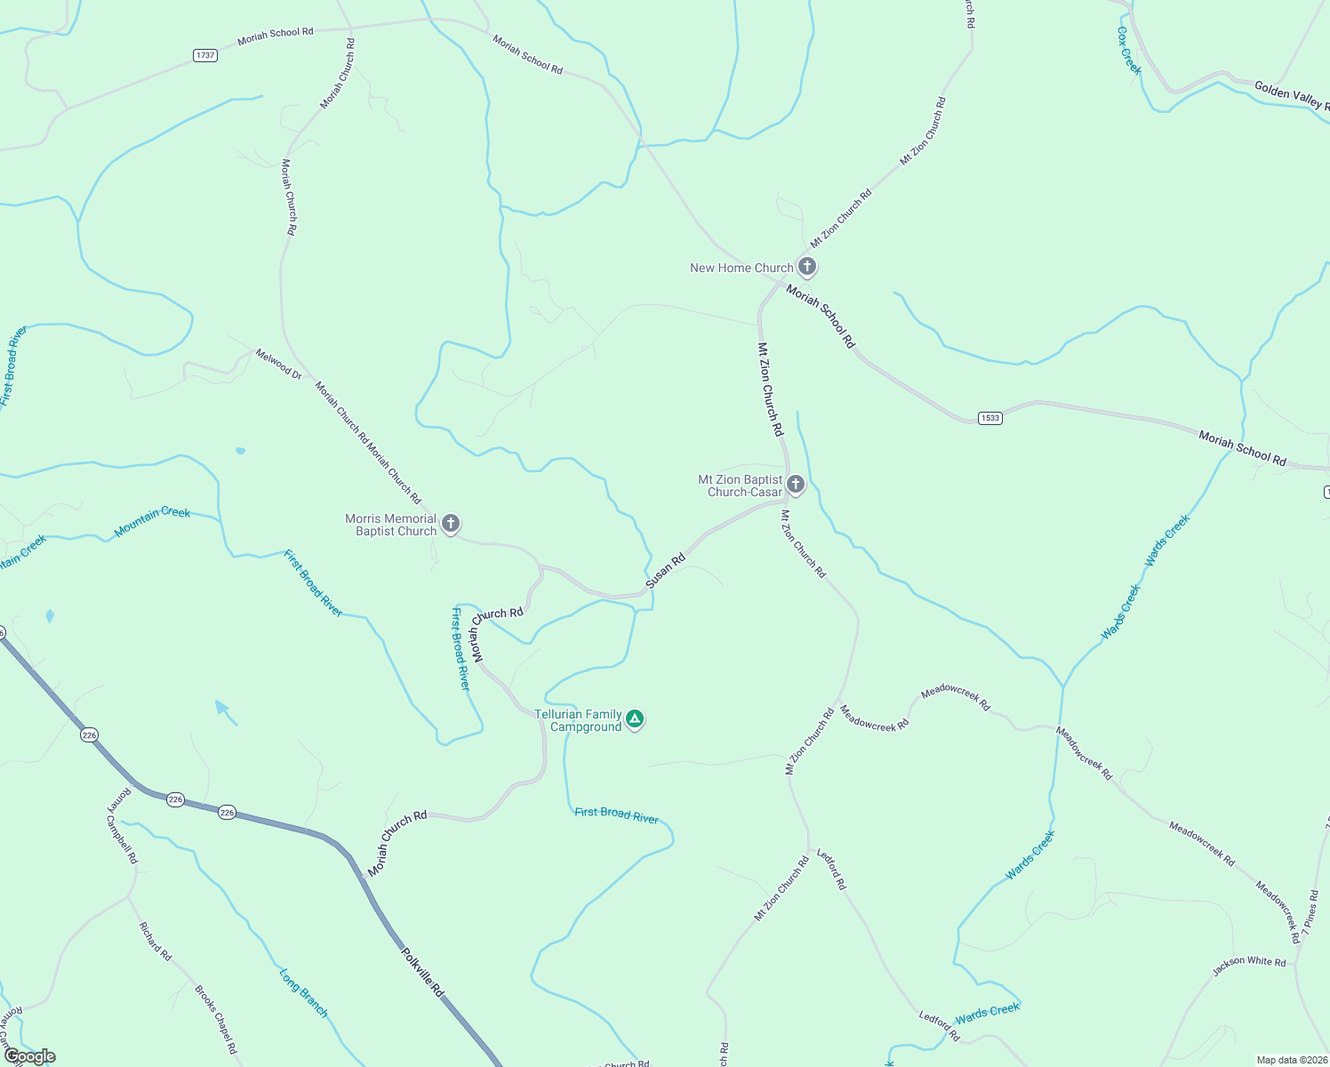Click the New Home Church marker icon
point(806,266)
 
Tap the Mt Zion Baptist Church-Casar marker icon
point(796,484)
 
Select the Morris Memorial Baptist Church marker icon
point(451,523)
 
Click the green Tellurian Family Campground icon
point(634,718)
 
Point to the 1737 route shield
point(205,55)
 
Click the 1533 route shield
point(989,418)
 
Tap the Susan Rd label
point(666,571)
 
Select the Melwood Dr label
point(278,364)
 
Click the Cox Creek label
point(1129,50)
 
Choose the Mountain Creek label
point(152,522)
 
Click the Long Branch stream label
point(303,993)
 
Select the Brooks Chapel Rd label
point(216,1019)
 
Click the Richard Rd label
point(155,941)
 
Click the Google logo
point(29,1056)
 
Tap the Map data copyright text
point(1292,1060)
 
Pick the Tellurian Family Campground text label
point(578,720)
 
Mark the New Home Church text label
point(741,268)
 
